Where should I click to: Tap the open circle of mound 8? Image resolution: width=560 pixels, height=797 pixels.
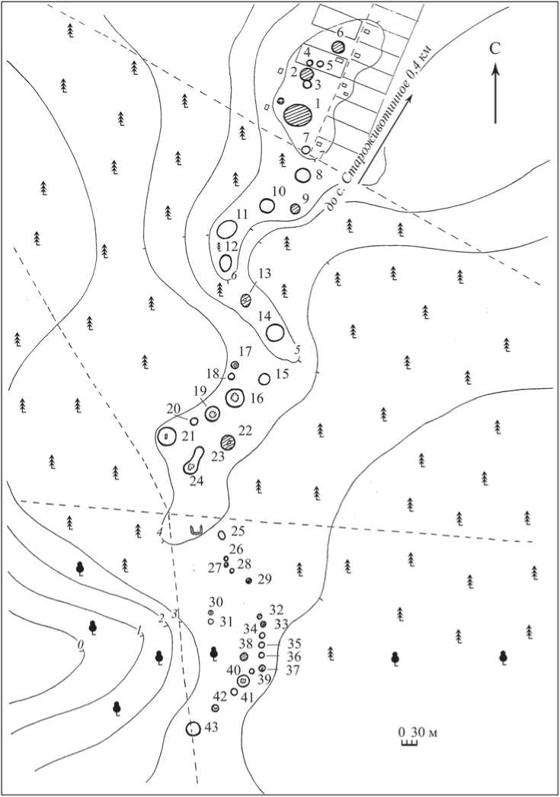coord(303,175)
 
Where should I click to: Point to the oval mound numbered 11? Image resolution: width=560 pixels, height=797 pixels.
coord(227,229)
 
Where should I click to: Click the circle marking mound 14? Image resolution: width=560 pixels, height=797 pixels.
coord(275,333)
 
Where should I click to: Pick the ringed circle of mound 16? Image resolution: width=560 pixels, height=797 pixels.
coord(235,397)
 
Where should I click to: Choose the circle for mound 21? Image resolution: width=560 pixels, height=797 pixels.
coord(166,437)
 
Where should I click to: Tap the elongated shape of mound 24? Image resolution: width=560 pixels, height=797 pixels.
coord(194,460)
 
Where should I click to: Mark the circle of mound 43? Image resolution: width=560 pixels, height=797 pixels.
coord(193,729)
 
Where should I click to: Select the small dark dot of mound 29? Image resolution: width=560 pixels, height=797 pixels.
coord(248,581)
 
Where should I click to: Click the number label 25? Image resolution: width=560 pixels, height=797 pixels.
coord(238,531)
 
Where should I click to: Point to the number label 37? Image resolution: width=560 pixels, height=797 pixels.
coord(293,671)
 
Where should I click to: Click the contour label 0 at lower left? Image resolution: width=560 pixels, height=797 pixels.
coord(80,645)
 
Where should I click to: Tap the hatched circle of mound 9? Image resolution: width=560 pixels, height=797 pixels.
coord(295,208)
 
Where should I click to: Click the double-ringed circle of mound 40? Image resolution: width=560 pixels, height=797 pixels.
coord(244,680)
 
